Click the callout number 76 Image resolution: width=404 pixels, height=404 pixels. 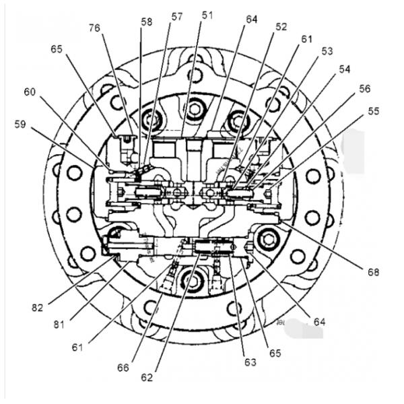click(x=94, y=28)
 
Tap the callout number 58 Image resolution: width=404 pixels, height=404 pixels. click(x=147, y=22)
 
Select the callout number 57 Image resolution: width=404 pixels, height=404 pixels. click(x=176, y=17)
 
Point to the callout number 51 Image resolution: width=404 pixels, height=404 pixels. click(x=207, y=15)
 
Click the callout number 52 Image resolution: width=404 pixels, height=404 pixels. click(x=281, y=26)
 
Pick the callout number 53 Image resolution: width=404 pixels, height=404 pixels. click(x=327, y=51)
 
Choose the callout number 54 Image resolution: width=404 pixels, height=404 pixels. click(x=345, y=69)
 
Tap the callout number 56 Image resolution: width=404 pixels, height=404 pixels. click(x=364, y=89)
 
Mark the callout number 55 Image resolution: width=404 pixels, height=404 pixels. click(x=374, y=111)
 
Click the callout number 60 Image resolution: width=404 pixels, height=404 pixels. click(x=30, y=92)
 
